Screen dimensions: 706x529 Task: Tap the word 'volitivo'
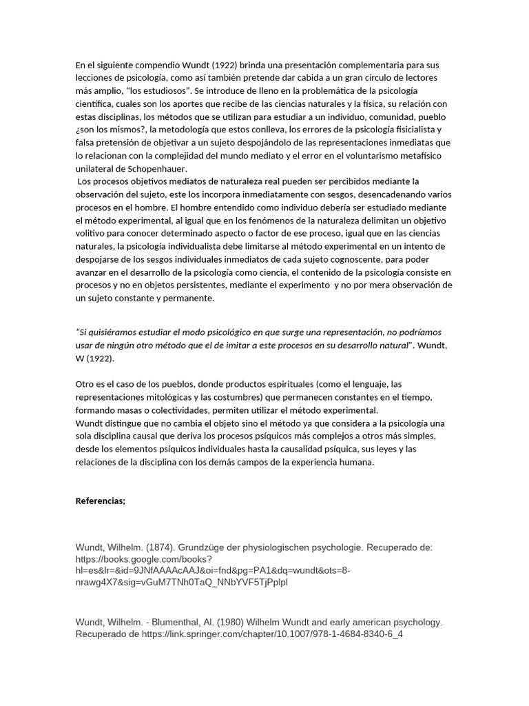pos(91,233)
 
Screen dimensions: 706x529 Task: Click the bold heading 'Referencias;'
pos(101,501)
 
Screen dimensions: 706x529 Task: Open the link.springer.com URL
pos(272,634)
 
